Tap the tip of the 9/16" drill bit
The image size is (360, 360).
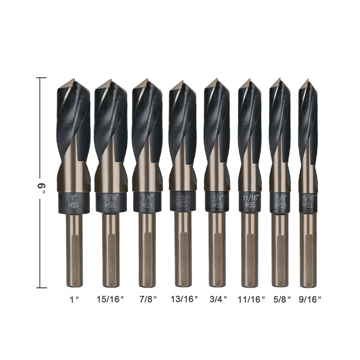[x=307, y=81]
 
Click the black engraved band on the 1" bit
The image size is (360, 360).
[x=74, y=201]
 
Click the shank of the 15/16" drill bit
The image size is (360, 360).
[x=111, y=250]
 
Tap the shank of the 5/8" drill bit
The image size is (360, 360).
[x=280, y=250]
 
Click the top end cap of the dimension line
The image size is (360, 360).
[x=41, y=78]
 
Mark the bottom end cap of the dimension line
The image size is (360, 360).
[x=41, y=287]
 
